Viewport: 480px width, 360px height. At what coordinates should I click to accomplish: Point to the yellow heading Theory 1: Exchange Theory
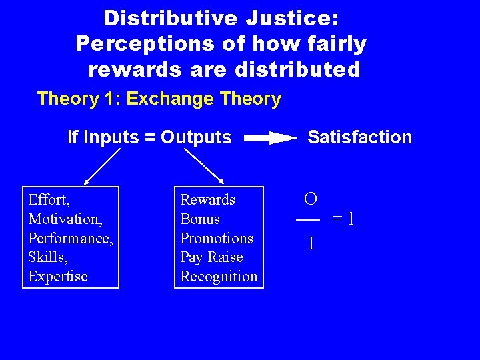pos(159,99)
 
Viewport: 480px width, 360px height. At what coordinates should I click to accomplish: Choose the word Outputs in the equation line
pos(196,137)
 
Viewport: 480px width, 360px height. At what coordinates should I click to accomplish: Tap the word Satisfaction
pos(359,137)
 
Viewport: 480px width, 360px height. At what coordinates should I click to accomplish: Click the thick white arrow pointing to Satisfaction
pos(270,138)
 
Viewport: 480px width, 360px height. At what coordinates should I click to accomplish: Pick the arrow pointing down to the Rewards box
pos(204,165)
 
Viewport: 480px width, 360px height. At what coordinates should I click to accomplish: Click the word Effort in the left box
pos(48,199)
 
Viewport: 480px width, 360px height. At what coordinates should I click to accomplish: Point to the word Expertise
pos(58,276)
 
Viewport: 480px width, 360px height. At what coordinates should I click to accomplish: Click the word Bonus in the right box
pos(200,219)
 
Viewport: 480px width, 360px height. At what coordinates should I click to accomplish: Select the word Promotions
pos(217,238)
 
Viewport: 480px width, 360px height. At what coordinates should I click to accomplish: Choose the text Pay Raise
pos(211,257)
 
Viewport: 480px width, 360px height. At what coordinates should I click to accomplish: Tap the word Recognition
pos(219,276)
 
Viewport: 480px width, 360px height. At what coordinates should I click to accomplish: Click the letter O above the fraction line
pos(310,199)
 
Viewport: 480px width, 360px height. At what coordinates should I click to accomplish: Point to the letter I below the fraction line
pos(311,244)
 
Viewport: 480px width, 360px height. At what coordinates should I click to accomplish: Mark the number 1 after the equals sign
pos(350,219)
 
